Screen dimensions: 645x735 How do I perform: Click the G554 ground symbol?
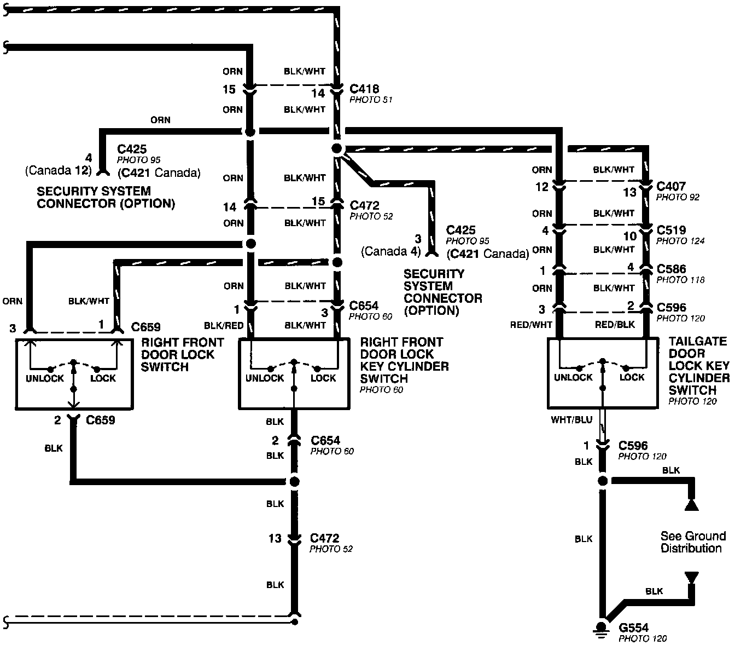pos(602,628)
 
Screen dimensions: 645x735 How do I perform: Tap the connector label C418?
pos(364,89)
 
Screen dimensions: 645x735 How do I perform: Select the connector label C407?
pos(671,187)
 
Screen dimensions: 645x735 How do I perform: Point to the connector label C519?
pos(671,231)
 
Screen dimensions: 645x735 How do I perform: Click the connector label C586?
pos(671,269)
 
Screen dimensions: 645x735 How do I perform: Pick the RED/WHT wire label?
pos(531,325)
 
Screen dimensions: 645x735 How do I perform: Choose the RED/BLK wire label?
pos(615,325)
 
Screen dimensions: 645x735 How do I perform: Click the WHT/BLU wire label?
pos(572,420)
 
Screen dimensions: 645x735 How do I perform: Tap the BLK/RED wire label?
pos(223,325)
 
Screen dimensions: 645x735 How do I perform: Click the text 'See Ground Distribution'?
pos(693,542)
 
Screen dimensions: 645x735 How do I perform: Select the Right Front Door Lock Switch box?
pos(74,374)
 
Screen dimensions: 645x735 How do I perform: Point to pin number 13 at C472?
pos(275,539)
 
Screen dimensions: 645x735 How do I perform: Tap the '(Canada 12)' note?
pos(57,171)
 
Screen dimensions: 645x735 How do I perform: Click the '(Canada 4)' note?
pos(391,252)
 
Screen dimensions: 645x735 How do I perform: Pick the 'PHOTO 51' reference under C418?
pos(371,100)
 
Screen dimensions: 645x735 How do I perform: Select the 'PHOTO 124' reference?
pos(680,241)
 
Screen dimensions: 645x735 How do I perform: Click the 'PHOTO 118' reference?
pos(680,280)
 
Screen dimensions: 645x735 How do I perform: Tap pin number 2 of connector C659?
pos(57,421)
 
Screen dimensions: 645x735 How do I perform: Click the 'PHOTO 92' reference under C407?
pos(678,197)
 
